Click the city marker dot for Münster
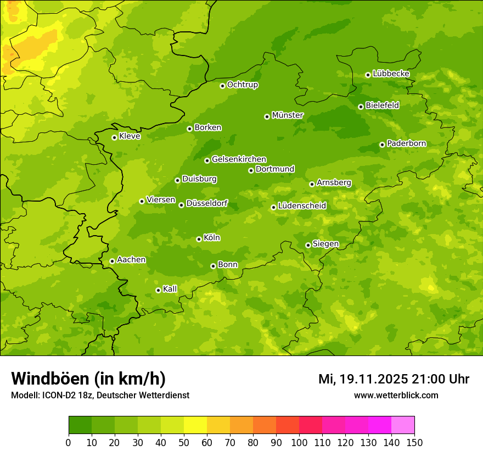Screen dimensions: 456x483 coord(267,116)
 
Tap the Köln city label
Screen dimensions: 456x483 coord(212,238)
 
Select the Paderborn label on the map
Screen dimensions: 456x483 coord(406,143)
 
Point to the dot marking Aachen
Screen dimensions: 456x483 coord(112,261)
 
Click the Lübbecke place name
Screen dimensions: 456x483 coord(391,74)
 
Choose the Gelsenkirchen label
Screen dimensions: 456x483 coord(239,159)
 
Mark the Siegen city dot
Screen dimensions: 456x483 coord(308,245)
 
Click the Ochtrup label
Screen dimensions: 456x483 coord(242,85)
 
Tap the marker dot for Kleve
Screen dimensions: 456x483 coord(114,137)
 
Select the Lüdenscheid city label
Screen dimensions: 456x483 coord(302,206)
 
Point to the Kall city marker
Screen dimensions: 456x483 coord(158,290)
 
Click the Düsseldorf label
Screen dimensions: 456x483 coord(207,204)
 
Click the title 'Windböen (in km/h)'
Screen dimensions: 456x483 coord(88,379)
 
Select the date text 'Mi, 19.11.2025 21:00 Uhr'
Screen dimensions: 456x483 coord(394,379)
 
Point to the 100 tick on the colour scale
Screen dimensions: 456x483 coord(299,443)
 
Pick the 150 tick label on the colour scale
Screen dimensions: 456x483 coord(414,443)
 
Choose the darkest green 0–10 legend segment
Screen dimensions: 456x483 coord(80,425)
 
